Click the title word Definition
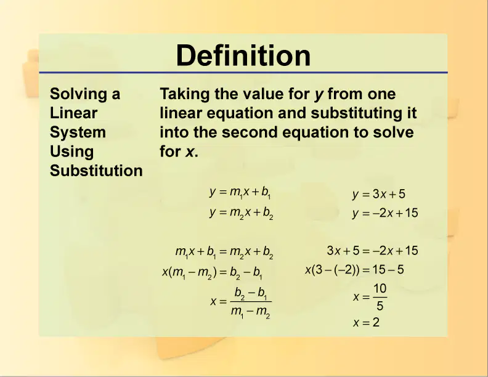tap(243, 55)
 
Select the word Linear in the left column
tap(73, 113)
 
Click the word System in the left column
tap(78, 132)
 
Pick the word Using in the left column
tap(71, 152)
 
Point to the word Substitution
tap(96, 171)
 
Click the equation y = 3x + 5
tap(379, 194)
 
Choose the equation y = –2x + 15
tap(385, 213)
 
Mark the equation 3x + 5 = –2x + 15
tap(372, 250)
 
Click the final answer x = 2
tap(367, 322)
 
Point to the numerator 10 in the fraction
tap(380, 289)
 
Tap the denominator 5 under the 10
tap(380, 306)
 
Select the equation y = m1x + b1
tap(240, 193)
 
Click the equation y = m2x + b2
tap(241, 213)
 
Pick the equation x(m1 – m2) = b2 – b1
tap(212, 273)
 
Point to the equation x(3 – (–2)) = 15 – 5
tap(354, 269)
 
